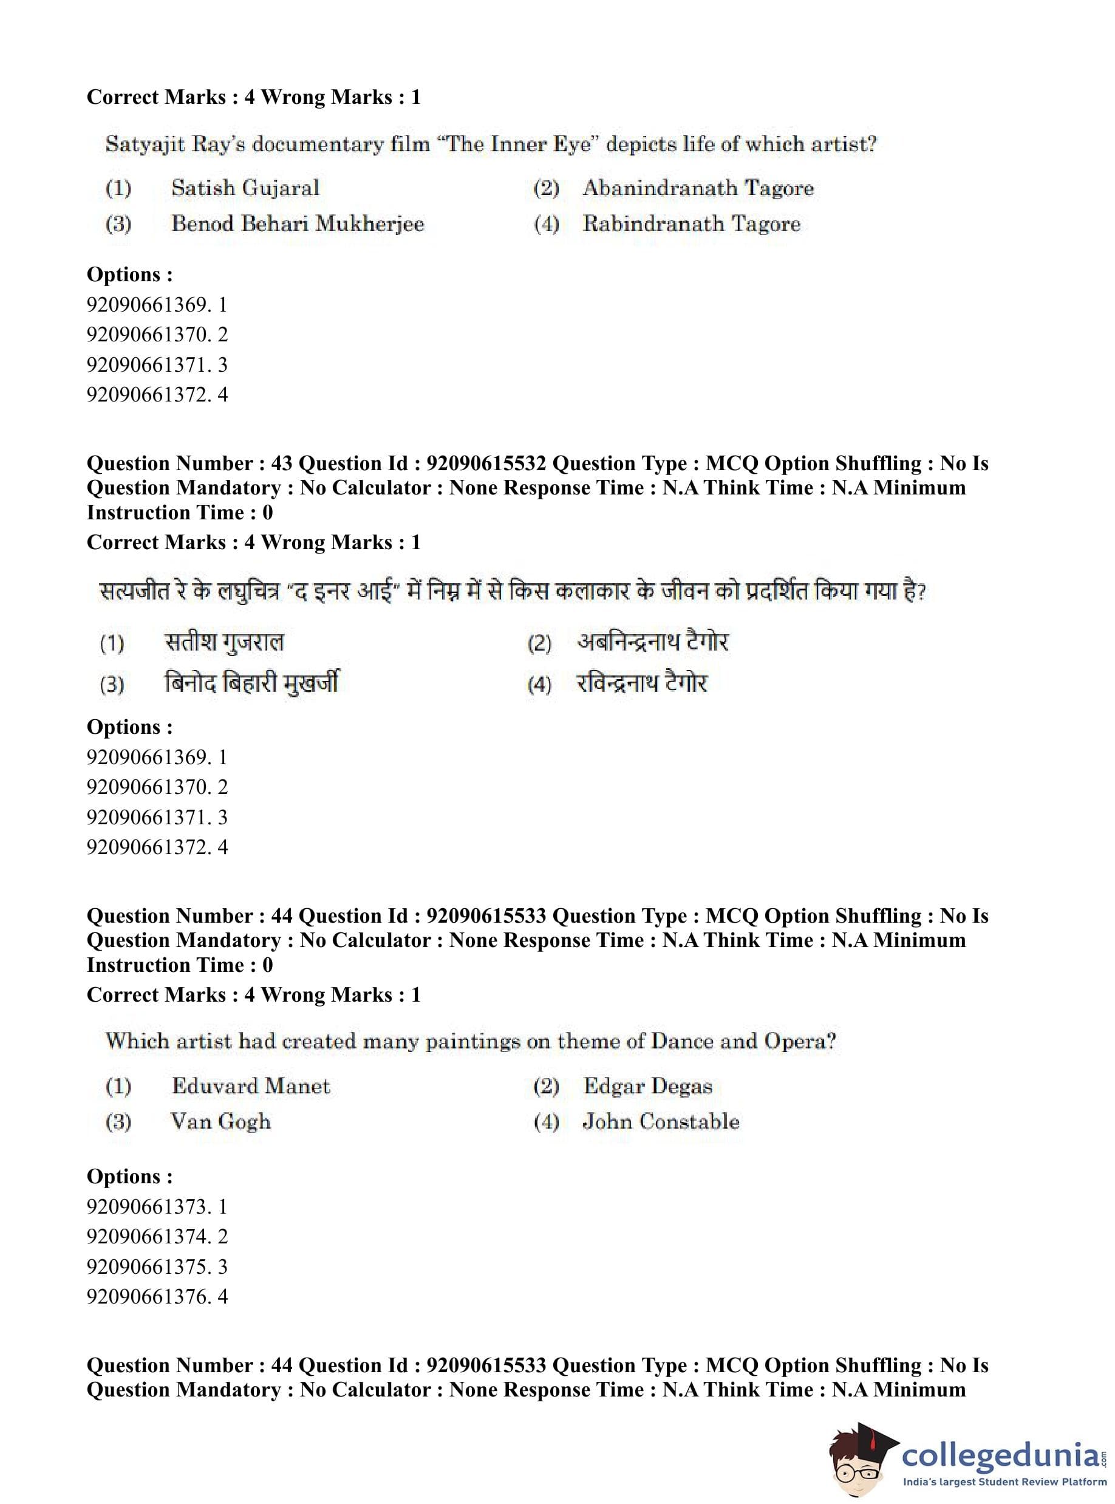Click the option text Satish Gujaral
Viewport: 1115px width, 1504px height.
click(245, 188)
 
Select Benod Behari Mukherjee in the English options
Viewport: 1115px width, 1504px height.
click(298, 224)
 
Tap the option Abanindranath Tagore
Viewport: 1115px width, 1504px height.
click(698, 188)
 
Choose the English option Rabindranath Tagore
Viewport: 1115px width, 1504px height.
click(691, 224)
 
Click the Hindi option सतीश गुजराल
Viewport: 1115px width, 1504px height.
click(224, 641)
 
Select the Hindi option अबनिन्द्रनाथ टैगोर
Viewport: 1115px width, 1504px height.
click(653, 641)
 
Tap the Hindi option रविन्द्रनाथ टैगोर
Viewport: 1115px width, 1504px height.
click(641, 683)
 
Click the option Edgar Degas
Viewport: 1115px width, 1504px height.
click(647, 1086)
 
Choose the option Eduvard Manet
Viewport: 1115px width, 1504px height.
click(250, 1086)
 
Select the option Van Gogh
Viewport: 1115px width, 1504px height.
click(220, 1122)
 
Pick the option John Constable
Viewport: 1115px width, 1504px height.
click(661, 1122)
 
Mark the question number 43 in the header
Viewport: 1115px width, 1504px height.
click(280, 463)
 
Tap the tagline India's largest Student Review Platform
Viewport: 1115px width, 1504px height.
click(1004, 1482)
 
